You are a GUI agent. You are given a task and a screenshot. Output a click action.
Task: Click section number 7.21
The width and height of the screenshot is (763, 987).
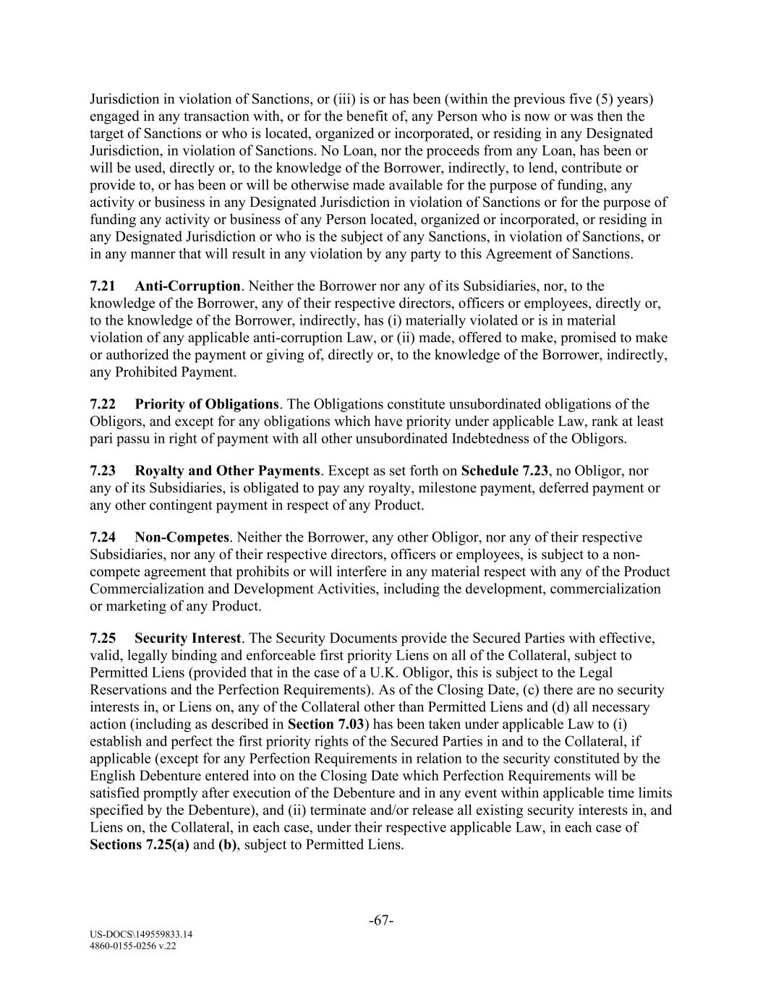pos(102,286)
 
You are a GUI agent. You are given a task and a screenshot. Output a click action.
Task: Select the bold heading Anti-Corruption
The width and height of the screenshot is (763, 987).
pos(187,286)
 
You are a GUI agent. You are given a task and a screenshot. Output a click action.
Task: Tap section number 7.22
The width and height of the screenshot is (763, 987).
pos(102,404)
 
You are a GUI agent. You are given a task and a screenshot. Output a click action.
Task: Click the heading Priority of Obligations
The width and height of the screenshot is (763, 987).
pos(207,404)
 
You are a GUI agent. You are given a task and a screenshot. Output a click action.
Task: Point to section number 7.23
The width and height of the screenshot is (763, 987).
pos(102,471)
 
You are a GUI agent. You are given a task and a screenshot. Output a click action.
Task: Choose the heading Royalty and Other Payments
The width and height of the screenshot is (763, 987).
pos(227,471)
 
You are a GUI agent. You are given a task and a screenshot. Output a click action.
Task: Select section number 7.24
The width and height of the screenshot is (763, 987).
pos(102,537)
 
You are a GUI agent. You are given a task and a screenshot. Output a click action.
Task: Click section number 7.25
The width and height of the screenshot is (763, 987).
pos(102,638)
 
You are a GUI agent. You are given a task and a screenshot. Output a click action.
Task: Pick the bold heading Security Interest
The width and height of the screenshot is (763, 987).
pos(187,638)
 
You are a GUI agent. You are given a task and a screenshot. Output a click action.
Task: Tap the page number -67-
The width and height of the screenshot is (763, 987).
pos(381,921)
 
